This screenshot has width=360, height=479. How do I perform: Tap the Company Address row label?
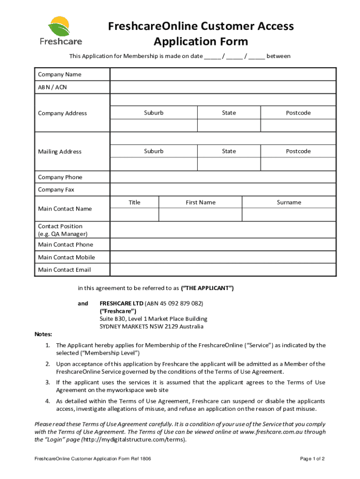(62, 113)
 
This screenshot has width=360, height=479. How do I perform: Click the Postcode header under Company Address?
(298, 113)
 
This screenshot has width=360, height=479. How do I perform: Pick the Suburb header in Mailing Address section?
(154, 151)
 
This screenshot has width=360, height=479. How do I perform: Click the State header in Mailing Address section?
(229, 151)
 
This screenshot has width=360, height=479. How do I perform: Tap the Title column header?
(134, 203)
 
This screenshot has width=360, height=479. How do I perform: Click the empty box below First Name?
(200, 215)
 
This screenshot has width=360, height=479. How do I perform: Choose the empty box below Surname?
(288, 215)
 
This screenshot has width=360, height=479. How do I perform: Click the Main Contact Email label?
(64, 270)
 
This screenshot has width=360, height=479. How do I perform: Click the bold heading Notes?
(43, 334)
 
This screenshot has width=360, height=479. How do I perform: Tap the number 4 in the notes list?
(48, 401)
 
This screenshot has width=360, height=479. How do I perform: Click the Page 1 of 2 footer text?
(312, 459)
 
